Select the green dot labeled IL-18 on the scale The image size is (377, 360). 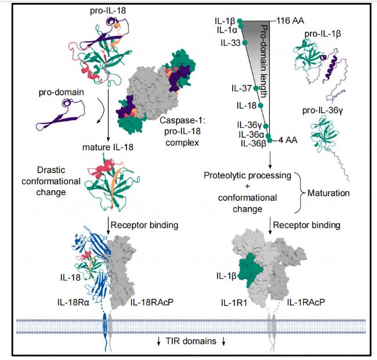(260, 105)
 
